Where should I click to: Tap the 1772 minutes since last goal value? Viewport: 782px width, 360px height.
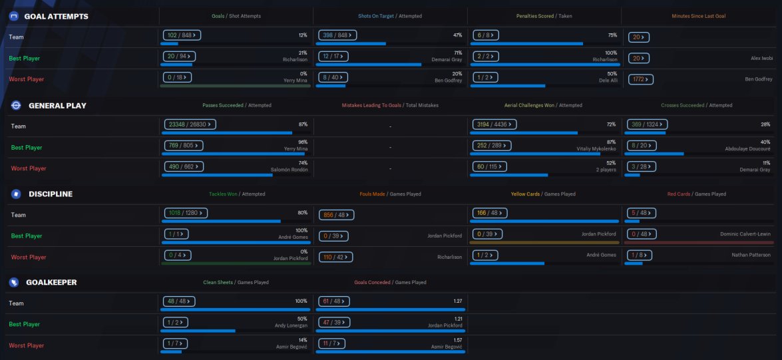click(x=641, y=79)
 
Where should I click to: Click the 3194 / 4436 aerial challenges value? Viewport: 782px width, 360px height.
click(x=496, y=124)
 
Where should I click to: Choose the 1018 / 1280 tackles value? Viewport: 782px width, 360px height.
click(x=186, y=214)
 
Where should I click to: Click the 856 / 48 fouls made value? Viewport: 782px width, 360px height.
click(x=336, y=214)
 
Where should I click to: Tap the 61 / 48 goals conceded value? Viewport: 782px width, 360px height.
click(x=333, y=301)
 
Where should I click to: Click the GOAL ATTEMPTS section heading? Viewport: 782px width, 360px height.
click(x=56, y=16)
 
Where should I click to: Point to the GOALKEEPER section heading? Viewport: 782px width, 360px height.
click(x=51, y=282)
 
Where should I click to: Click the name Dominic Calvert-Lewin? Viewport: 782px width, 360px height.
click(x=745, y=234)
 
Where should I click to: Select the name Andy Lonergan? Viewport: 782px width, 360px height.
click(x=291, y=325)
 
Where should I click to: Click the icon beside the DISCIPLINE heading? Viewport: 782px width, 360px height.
click(x=15, y=194)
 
